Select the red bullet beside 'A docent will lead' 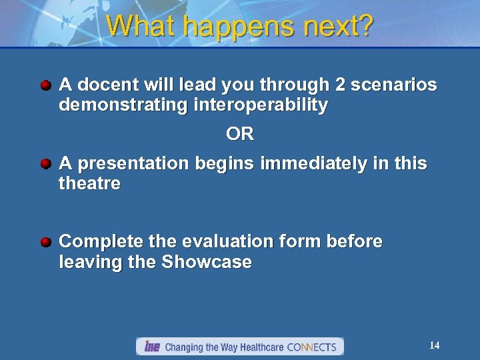tap(45, 85)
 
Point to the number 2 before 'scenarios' tap(339, 85)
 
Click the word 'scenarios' tap(394, 85)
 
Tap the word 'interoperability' tap(261, 105)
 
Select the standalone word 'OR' tap(240, 135)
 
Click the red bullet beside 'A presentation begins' tap(45, 163)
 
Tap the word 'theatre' tap(90, 183)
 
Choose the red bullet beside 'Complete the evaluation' tap(45, 242)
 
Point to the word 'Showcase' tap(206, 262)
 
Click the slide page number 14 tap(434, 345)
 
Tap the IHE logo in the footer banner tap(152, 347)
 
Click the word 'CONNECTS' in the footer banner tap(311, 347)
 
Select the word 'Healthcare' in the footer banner tap(258, 347)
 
